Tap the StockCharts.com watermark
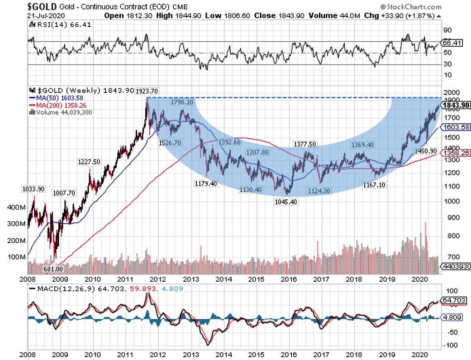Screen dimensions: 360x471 click(x=410, y=7)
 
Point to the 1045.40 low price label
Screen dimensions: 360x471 click(x=285, y=202)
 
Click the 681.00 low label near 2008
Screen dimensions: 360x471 click(x=39, y=269)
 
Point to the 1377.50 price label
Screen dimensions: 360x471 click(x=305, y=144)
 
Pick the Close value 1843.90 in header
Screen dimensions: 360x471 click(x=289, y=15)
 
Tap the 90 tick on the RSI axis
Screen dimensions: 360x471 click(x=447, y=30)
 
